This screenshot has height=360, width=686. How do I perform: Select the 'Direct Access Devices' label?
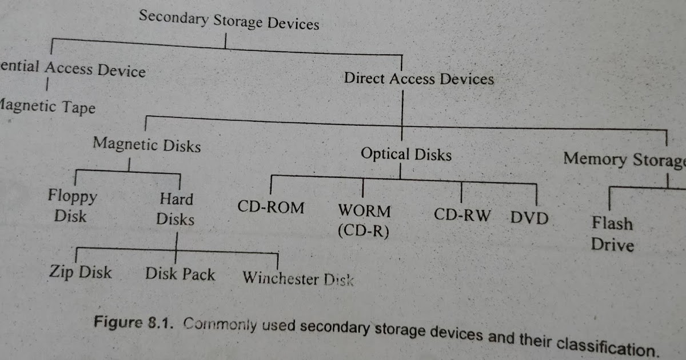[x=418, y=78]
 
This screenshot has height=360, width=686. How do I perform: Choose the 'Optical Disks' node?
[x=406, y=154]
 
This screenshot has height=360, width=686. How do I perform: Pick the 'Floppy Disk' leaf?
[x=72, y=206]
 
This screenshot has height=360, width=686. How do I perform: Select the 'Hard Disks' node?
[x=176, y=209]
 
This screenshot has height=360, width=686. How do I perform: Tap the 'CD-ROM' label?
[x=271, y=207]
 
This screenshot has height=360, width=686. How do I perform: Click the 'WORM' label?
[x=365, y=211]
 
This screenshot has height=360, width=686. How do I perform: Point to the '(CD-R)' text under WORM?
[x=363, y=231]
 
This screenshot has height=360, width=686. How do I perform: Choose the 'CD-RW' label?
[x=462, y=215]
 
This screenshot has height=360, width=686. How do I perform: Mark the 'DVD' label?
[x=529, y=218]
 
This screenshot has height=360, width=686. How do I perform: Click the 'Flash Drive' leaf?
[x=612, y=234]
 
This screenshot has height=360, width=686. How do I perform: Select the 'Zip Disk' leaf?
[x=80, y=272]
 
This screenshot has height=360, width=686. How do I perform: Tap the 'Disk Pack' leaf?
[x=180, y=274]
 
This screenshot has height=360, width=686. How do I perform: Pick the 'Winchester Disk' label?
[x=298, y=279]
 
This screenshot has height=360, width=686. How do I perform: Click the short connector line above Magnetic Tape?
[x=47, y=85]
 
